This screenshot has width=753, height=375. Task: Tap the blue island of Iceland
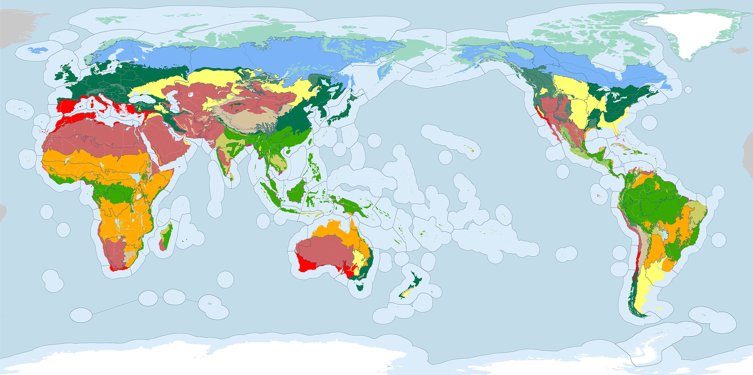pos(38,50)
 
